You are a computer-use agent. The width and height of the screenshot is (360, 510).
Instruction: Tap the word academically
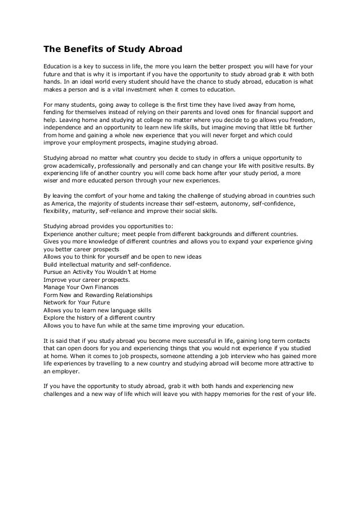(83, 166)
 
